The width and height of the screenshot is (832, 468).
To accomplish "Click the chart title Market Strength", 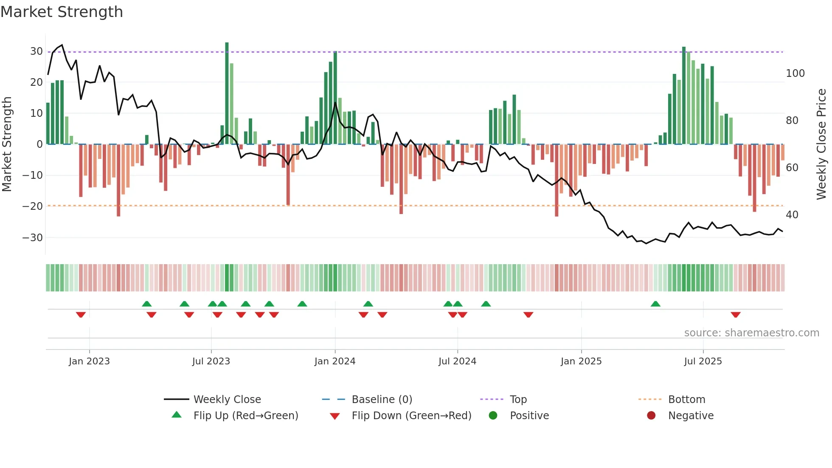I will click(x=62, y=12).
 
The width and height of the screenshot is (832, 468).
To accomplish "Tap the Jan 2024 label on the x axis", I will click(x=334, y=361).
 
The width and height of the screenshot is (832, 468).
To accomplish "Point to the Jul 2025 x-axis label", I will click(x=703, y=361).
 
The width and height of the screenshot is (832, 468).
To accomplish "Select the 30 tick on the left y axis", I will click(x=37, y=51).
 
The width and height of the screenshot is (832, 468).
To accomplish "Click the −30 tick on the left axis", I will click(x=33, y=238).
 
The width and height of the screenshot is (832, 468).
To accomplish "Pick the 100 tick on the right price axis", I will click(x=795, y=73).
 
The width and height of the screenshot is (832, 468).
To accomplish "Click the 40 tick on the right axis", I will click(x=792, y=215).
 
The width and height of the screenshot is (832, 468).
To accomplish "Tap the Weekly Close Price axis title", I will click(x=821, y=144).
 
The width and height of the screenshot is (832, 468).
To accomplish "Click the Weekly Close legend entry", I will click(x=227, y=400).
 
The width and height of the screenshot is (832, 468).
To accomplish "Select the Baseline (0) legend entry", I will click(x=382, y=400).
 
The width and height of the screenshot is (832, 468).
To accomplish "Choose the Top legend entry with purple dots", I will click(x=518, y=400).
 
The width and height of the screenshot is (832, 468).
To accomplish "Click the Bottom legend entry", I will click(x=686, y=400).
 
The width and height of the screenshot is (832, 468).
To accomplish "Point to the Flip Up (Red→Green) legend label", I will click(x=245, y=416).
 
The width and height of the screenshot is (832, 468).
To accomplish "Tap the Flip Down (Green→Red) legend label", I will click(x=411, y=416).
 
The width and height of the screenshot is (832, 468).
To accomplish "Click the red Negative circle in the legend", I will click(x=651, y=416).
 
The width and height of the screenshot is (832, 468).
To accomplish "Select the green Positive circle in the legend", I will click(x=493, y=416).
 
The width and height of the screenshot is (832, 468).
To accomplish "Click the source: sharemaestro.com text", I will click(x=751, y=333).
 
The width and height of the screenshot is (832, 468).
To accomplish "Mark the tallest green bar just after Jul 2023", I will click(x=227, y=93).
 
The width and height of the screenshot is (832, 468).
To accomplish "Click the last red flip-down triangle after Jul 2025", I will click(x=736, y=315).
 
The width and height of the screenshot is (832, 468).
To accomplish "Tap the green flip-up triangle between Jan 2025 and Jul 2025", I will click(x=655, y=304).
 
